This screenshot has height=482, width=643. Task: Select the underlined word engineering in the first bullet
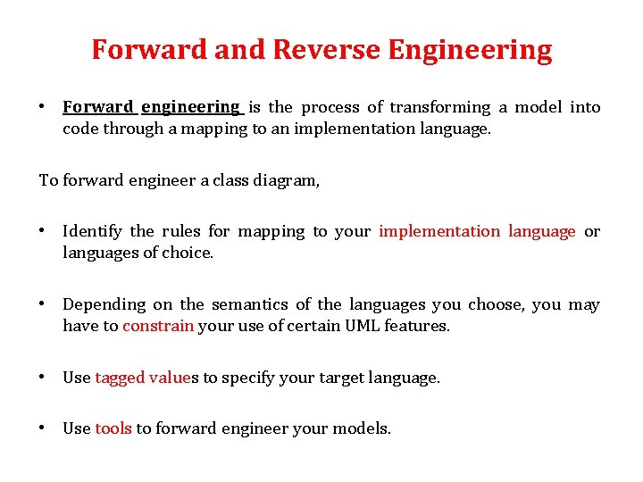(x=190, y=107)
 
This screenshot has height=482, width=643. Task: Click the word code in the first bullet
(x=80, y=129)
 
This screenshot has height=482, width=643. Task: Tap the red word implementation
(x=439, y=232)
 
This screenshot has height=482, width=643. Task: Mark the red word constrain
(x=158, y=327)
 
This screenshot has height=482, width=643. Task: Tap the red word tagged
(x=119, y=378)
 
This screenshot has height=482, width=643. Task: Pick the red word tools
(x=113, y=429)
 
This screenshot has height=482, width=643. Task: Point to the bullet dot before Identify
(x=42, y=231)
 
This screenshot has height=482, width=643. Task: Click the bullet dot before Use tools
(x=42, y=428)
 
